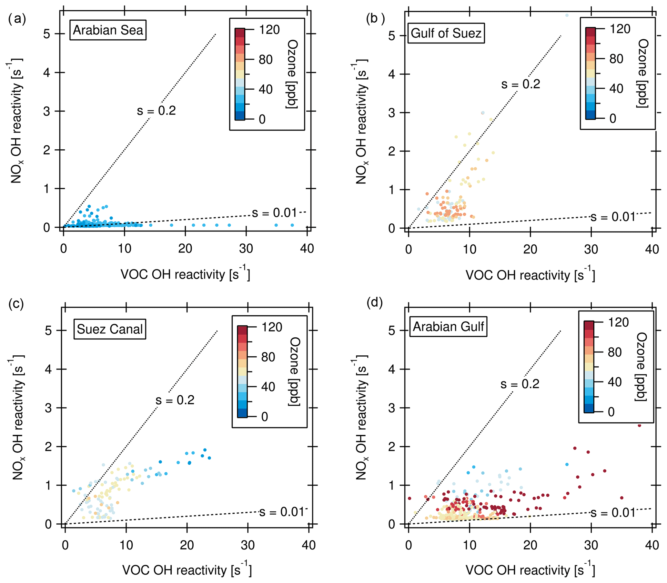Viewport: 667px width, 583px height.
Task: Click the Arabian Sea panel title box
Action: pos(108,30)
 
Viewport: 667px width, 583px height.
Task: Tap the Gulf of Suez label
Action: pos(446,33)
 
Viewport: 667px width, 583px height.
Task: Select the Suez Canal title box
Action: pos(110,329)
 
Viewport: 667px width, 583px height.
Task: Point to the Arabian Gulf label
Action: pos(448,326)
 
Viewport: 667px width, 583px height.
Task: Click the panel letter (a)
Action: pos(17,19)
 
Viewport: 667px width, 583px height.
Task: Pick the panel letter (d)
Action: pos(375,302)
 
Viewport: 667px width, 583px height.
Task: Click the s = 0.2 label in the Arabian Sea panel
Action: pos(156,111)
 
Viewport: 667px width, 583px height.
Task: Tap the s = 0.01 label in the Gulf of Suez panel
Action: pos(613,217)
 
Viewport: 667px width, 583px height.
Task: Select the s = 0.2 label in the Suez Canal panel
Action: pos(175,400)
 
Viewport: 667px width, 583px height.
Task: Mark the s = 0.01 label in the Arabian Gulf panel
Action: pos(613,513)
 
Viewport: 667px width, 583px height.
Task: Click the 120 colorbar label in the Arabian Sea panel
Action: pos(269,30)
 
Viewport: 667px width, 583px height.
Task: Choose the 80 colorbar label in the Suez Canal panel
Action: pos(268,357)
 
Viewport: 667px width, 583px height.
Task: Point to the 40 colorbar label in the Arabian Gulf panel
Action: pos(615,382)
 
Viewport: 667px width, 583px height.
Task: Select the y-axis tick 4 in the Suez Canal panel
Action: pos(48,369)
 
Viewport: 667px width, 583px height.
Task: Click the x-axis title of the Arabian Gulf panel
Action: pos(530,570)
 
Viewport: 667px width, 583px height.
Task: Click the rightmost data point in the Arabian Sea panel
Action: pos(292,225)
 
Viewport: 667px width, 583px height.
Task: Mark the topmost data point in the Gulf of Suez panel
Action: pos(567,15)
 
